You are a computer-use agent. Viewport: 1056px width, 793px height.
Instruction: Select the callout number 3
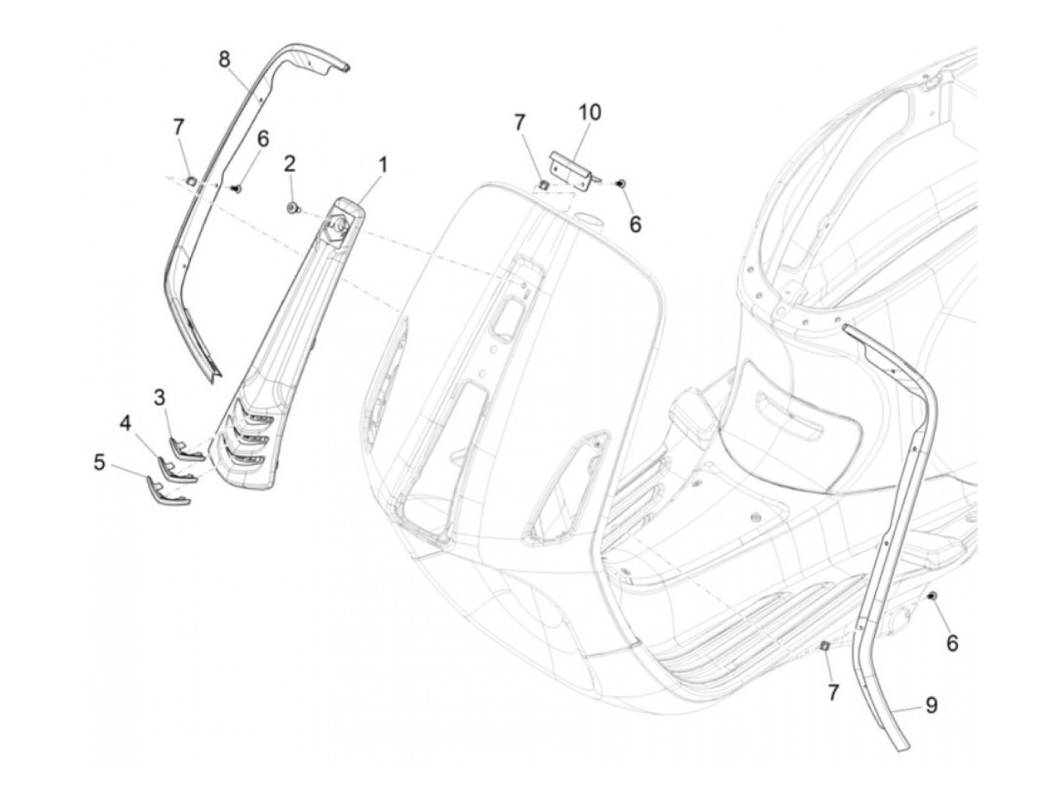(160, 396)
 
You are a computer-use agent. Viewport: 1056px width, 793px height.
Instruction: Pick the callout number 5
(100, 461)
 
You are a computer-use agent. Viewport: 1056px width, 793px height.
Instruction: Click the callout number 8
(224, 60)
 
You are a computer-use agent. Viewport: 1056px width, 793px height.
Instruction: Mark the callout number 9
(932, 705)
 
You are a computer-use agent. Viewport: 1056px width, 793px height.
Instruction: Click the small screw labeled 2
(292, 207)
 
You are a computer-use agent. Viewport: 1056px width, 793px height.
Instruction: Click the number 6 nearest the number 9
(952, 643)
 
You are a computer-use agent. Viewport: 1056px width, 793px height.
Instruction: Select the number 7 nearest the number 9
(833, 692)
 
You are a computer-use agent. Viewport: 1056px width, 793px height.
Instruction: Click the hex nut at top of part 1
(336, 223)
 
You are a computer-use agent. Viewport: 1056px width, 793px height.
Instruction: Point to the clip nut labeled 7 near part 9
(824, 645)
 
